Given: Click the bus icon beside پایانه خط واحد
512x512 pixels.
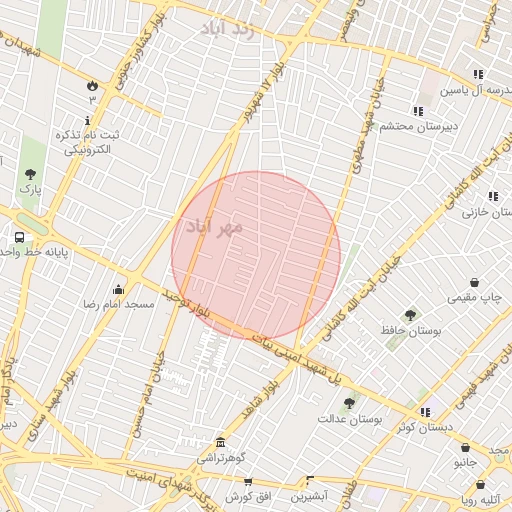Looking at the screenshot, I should (20, 238).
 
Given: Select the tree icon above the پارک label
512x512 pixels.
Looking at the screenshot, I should (30, 175).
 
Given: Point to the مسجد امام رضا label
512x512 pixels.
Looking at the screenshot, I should (118, 303).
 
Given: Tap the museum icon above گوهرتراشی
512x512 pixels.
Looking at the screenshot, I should (220, 442).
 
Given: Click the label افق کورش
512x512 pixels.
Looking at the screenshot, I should (242, 496).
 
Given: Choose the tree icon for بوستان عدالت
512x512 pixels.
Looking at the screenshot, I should (348, 403).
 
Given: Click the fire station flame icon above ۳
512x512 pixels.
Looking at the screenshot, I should (93, 85).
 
